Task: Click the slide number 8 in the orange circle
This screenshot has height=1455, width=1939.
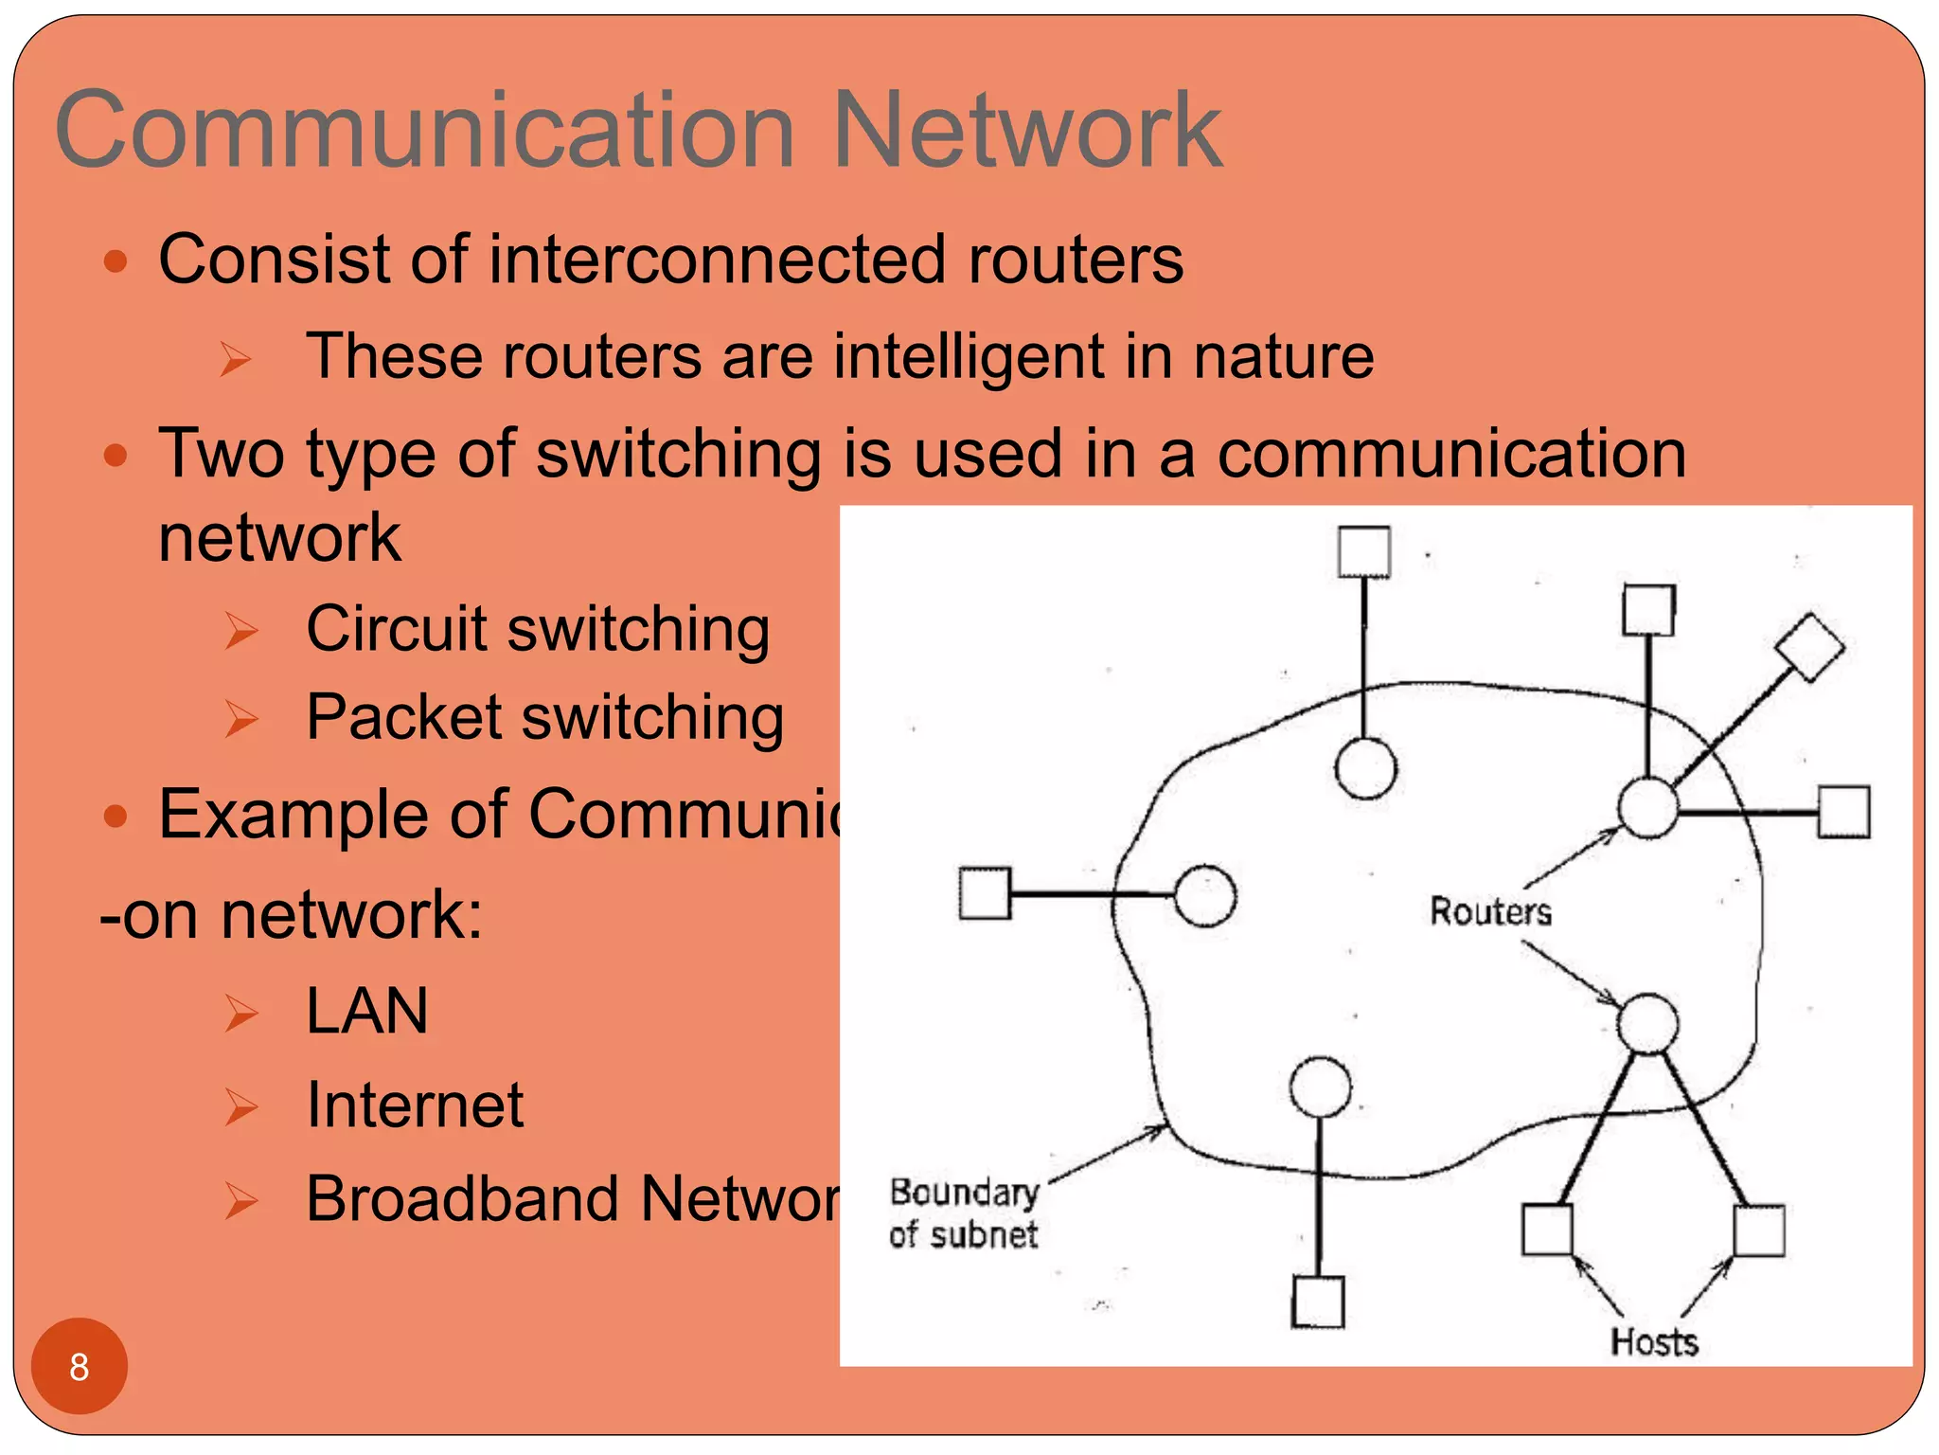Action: (x=79, y=1367)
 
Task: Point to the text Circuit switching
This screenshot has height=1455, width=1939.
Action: (x=538, y=630)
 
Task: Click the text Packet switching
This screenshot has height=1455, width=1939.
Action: (x=544, y=717)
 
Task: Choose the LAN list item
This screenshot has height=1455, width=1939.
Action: (x=367, y=1011)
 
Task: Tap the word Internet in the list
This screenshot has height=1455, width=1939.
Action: (x=415, y=1105)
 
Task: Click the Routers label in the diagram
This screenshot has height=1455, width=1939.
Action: (x=1490, y=911)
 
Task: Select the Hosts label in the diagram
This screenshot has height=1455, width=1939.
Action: (x=1654, y=1342)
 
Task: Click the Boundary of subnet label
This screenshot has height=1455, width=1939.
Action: (x=964, y=1213)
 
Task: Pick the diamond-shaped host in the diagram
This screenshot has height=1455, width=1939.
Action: (x=1809, y=648)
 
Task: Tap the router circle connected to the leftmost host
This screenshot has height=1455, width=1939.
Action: (x=1205, y=895)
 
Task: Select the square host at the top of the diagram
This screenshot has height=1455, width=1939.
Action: (x=1364, y=552)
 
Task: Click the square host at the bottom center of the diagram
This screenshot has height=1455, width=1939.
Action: (x=1318, y=1302)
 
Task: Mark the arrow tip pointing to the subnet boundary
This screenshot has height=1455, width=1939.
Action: (x=1164, y=1126)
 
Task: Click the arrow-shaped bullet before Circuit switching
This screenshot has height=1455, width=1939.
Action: (x=241, y=631)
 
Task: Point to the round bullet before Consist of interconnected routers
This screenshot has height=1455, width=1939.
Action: (x=116, y=260)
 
